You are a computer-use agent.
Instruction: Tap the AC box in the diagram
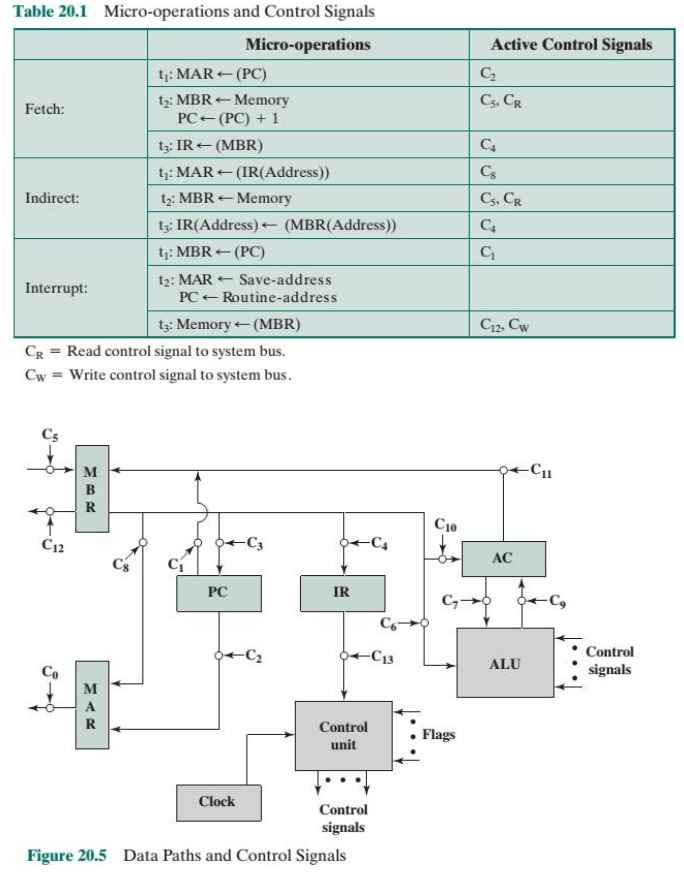pos(502,558)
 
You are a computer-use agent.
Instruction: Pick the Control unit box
pos(343,736)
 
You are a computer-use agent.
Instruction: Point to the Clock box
pos(216,801)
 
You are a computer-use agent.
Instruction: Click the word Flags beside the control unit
pos(438,734)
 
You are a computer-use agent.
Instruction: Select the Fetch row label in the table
pos(44,108)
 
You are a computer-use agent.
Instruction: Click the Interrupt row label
pos(56,288)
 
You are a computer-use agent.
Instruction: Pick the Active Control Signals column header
pos(571,45)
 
